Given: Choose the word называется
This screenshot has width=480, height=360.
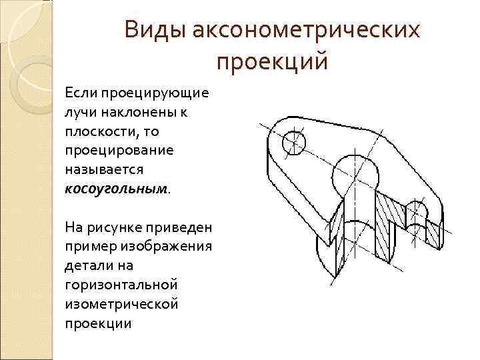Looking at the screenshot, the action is coord(103,169).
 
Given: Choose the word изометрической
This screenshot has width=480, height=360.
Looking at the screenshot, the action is coord(121,304).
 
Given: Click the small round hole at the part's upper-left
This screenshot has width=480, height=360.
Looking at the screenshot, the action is coord(293,142).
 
